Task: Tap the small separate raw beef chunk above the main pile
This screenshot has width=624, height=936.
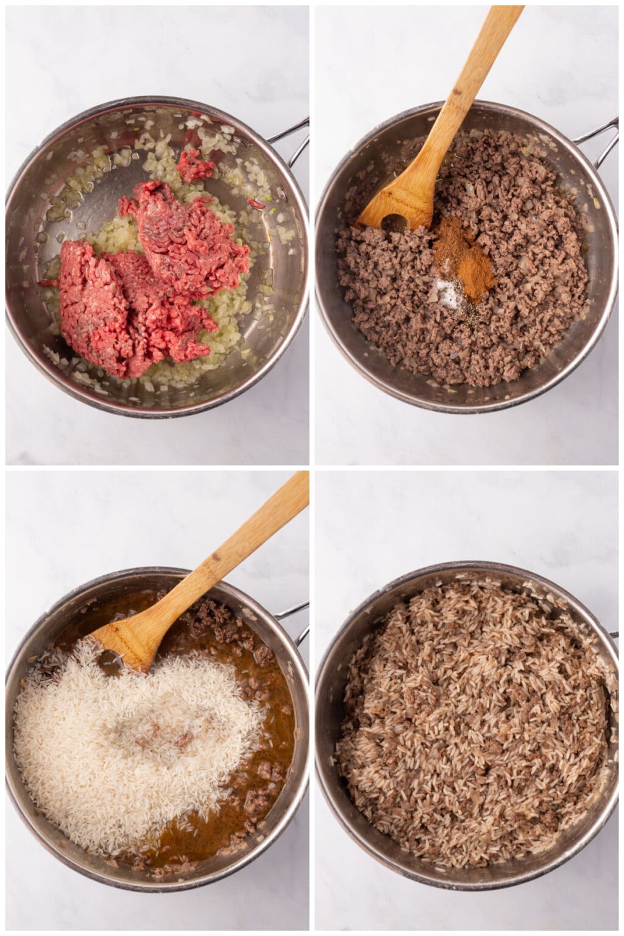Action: (195, 165)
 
